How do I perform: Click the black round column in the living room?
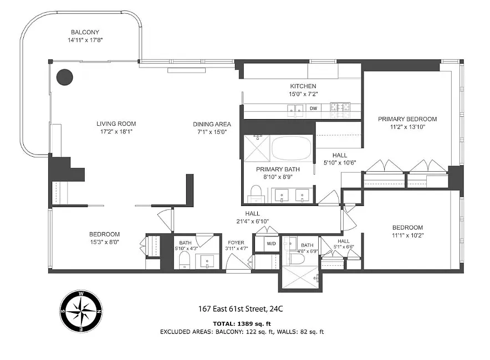click(x=65, y=77)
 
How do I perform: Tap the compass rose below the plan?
click(x=81, y=311)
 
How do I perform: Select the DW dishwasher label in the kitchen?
click(x=313, y=109)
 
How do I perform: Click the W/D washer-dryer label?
click(x=271, y=244)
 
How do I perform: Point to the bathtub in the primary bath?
click(x=292, y=148)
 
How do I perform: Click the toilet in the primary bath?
click(x=256, y=194)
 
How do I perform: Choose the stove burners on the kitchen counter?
click(x=340, y=107)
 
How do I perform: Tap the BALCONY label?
click(x=85, y=32)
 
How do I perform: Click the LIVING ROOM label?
click(x=116, y=124)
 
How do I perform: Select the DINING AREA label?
click(x=212, y=124)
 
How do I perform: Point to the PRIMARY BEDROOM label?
click(x=407, y=119)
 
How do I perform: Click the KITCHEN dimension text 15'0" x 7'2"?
click(x=303, y=94)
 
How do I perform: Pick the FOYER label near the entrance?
click(x=236, y=243)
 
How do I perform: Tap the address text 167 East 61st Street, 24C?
click(x=241, y=309)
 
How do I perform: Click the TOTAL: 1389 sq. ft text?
click(x=242, y=324)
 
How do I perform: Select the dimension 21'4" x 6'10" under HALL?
click(x=253, y=222)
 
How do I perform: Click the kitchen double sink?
click(x=295, y=109)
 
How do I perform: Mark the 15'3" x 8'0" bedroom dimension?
click(x=104, y=242)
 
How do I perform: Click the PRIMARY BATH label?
click(x=278, y=169)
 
